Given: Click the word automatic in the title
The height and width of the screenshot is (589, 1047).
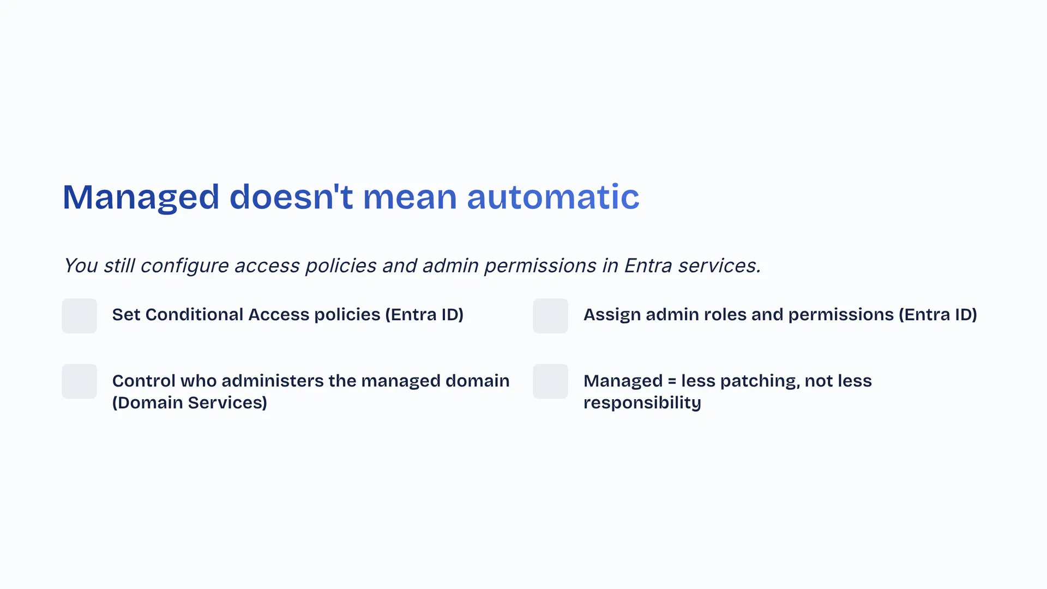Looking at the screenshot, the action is pos(553,197).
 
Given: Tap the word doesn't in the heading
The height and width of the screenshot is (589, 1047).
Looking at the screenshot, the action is pos(291,197).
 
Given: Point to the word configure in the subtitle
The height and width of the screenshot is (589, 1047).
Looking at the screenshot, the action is pos(184,266).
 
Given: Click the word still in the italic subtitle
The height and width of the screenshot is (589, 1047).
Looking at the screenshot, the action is pos(118,266).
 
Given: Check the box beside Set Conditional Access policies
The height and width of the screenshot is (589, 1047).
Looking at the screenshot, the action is pos(79,316).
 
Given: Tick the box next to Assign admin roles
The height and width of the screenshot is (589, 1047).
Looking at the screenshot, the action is pos(550,316).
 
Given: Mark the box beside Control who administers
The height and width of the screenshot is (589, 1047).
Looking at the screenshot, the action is pos(79,381).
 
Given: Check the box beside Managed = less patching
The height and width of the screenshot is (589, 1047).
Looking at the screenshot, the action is pos(550,381).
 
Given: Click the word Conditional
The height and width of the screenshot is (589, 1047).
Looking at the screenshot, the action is pos(194,315).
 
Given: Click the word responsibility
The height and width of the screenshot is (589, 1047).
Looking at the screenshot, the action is pos(642,403).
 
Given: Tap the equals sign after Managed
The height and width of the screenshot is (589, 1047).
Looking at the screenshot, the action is pos(672,381).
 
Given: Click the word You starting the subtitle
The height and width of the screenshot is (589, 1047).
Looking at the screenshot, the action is pos(81,266).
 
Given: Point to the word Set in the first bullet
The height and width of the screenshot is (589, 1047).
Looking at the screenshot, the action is pos(127,315).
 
